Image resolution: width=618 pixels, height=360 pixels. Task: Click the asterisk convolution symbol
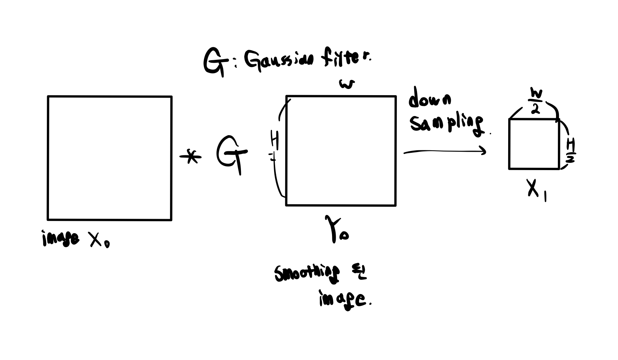point(191,157)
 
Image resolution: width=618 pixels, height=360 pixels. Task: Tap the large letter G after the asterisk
point(232,154)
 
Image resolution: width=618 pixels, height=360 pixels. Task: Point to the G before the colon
point(215,63)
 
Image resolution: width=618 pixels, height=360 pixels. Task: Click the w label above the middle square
point(347,84)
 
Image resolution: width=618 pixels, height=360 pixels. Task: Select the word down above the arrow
point(429,98)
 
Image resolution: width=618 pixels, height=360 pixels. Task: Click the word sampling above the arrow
point(447,124)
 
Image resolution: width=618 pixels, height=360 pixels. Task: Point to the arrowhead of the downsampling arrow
point(484,151)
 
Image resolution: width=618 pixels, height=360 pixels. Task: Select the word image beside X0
point(61,238)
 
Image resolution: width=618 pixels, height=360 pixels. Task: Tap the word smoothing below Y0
point(306,274)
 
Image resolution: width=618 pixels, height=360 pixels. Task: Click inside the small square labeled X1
point(534,144)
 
